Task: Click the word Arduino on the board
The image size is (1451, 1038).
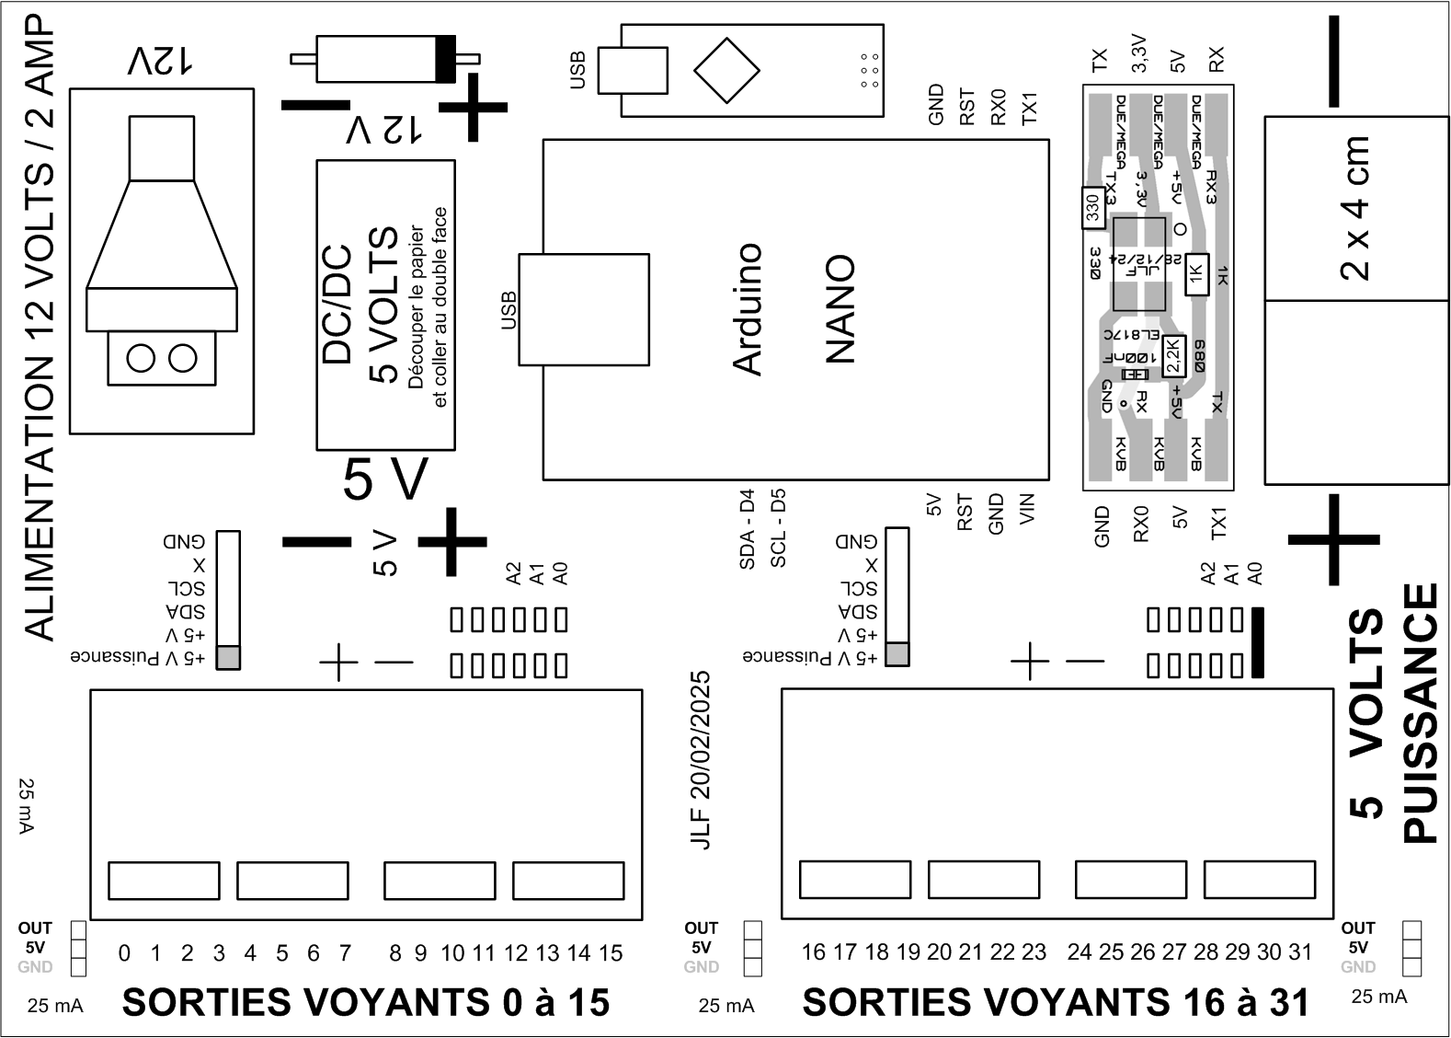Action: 748,309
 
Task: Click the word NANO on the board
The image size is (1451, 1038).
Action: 840,309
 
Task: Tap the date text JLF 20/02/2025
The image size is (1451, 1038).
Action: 701,759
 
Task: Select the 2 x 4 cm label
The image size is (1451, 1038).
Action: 1355,208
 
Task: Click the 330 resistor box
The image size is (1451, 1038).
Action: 1092,209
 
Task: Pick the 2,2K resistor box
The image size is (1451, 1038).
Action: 1172,356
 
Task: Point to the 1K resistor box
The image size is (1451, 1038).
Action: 1196,273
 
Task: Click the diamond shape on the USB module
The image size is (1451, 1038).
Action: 726,70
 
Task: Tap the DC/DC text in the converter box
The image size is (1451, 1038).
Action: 338,305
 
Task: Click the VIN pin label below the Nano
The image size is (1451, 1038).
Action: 1028,509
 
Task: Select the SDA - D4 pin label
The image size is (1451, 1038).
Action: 747,528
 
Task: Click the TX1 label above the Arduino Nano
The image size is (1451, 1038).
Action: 1029,108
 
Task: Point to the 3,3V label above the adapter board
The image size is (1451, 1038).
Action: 1139,54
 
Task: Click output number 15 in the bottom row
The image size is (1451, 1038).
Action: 611,953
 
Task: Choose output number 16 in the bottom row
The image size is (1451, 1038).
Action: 813,952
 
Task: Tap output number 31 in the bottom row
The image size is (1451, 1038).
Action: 1299,952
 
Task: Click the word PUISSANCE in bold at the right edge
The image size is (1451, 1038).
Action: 1421,713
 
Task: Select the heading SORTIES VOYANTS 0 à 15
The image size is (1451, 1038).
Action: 366,1002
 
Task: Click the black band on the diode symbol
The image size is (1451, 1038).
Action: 445,59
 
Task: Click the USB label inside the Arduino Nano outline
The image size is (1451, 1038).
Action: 508,309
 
